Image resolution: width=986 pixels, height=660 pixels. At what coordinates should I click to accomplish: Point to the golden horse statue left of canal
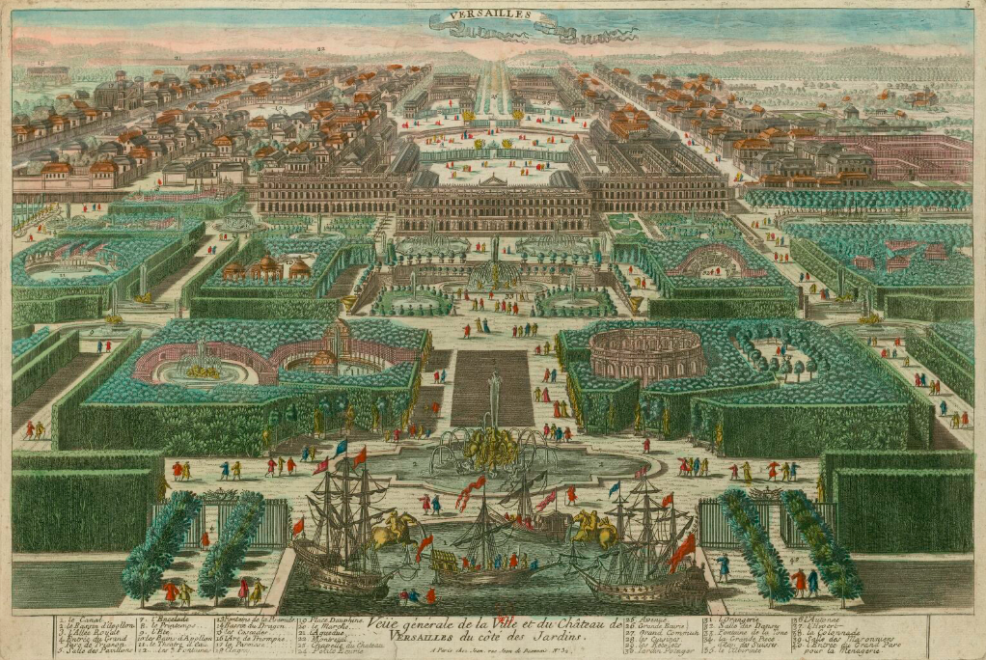click(396, 529)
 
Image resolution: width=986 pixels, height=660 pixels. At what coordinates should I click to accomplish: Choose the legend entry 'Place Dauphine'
click(333, 619)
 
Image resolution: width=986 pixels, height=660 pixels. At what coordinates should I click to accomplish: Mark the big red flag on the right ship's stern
click(682, 551)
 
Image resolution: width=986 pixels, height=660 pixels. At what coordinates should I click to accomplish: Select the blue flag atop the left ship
click(341, 447)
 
